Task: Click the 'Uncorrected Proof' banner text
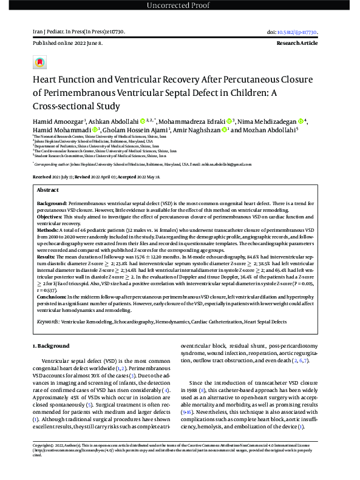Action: [x=180, y=5]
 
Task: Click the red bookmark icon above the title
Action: [x=40, y=62]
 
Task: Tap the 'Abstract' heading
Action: [x=49, y=189]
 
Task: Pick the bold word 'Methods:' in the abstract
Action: [x=49, y=229]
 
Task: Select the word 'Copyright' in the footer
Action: [x=43, y=462]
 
